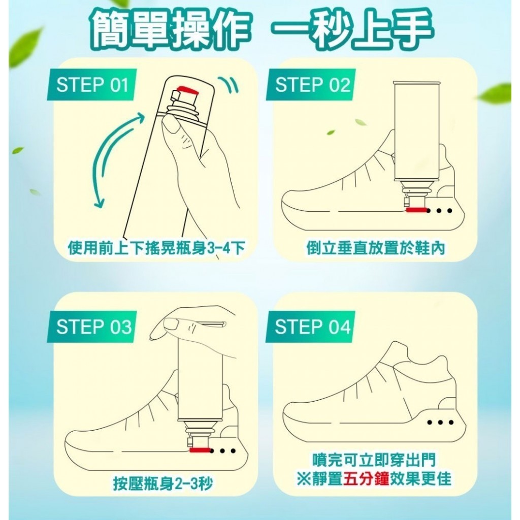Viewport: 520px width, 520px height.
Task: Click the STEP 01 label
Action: click(x=92, y=85)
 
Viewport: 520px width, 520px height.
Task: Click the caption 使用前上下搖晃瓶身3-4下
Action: click(x=156, y=248)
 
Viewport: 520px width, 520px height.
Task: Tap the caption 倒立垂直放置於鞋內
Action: click(x=375, y=248)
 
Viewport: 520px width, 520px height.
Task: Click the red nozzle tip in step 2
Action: click(x=415, y=209)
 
